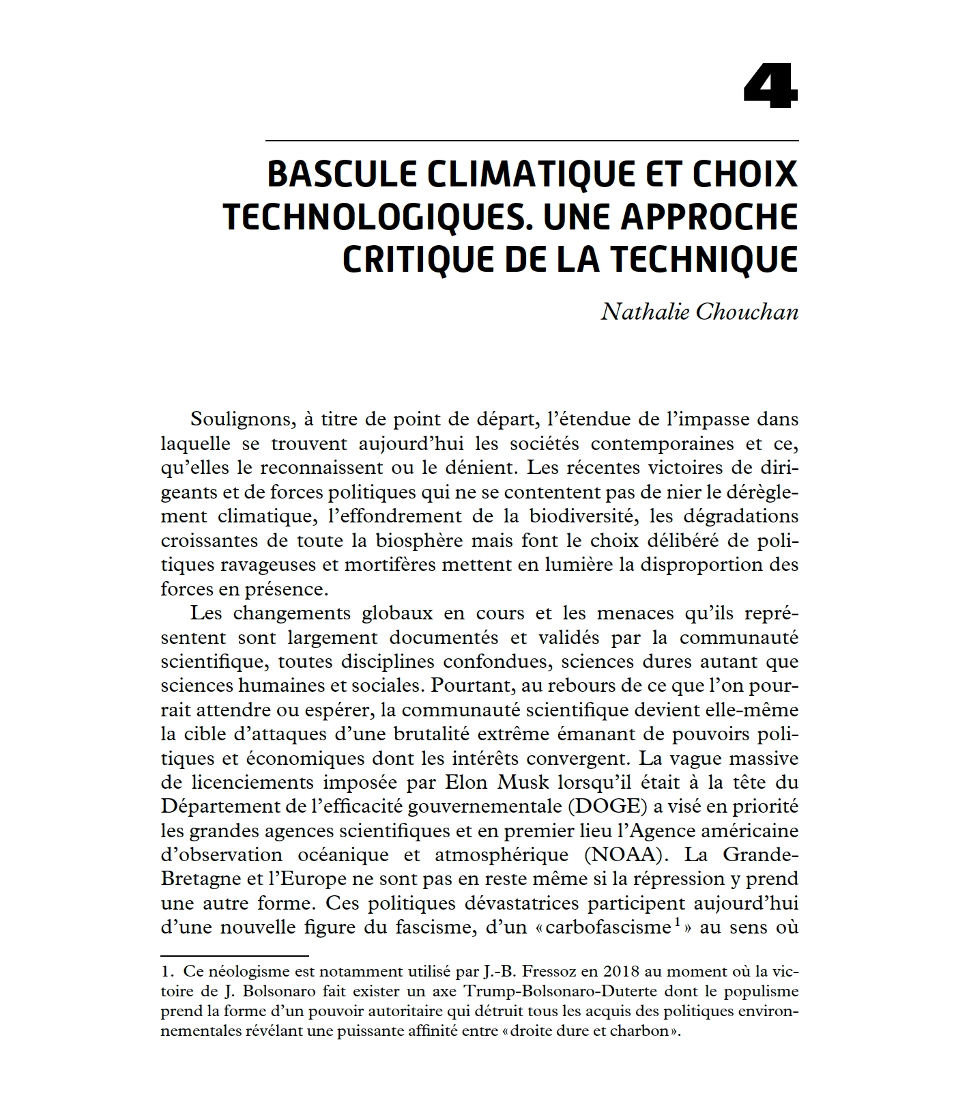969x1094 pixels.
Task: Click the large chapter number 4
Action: pos(770,87)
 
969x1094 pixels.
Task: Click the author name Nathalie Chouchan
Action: pos(699,311)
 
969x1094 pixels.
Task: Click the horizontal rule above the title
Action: pos(532,141)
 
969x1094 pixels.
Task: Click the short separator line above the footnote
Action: pos(235,955)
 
